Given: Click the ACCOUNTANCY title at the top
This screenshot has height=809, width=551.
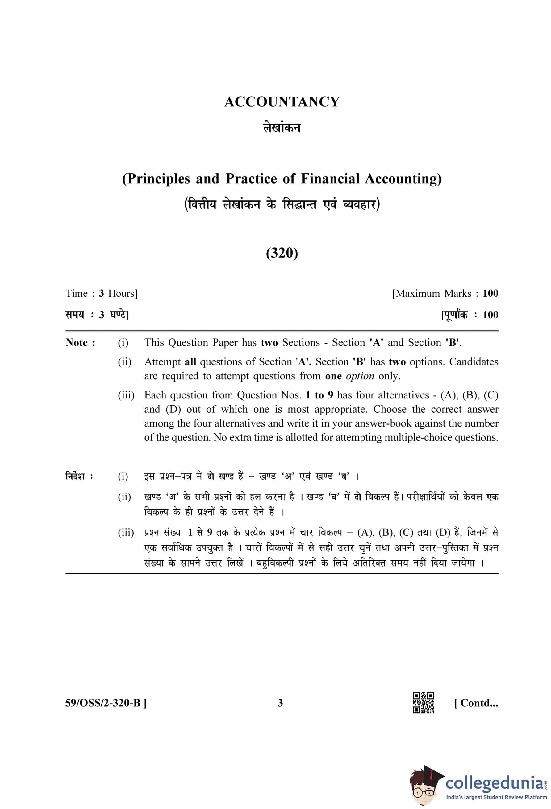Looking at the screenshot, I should click(x=282, y=102).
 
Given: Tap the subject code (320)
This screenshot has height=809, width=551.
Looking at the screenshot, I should click(x=282, y=253).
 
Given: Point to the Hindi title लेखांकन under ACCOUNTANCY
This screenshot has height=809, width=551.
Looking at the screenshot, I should click(x=282, y=128).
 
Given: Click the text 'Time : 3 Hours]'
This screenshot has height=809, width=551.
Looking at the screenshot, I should click(x=101, y=293).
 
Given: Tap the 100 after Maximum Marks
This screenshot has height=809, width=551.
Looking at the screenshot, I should click(x=490, y=293).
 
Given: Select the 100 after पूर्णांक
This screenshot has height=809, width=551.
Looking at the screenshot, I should click(x=490, y=315).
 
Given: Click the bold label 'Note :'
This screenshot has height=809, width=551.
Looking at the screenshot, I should click(x=81, y=343).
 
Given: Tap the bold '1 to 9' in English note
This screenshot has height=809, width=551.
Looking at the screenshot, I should click(x=319, y=395).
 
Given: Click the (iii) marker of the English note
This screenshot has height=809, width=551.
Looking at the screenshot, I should click(x=126, y=395).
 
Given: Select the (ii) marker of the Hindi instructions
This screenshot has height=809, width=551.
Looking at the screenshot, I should click(x=124, y=497).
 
